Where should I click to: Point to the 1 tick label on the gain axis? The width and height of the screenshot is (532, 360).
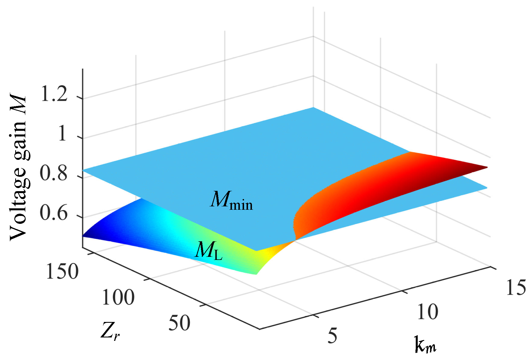[62, 134]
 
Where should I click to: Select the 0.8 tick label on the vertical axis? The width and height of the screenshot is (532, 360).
[53, 173]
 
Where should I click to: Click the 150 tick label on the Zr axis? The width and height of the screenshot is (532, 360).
[62, 272]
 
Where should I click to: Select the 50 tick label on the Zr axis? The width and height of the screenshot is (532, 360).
[179, 323]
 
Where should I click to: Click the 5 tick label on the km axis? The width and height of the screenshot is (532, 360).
[332, 335]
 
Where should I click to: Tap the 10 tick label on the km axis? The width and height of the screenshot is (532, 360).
[427, 312]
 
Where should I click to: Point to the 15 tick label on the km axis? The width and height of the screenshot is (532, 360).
[516, 288]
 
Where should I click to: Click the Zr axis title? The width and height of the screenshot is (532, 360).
[110, 331]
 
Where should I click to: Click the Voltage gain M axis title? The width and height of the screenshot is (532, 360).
[18, 168]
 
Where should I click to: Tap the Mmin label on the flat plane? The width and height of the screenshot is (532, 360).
[231, 201]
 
